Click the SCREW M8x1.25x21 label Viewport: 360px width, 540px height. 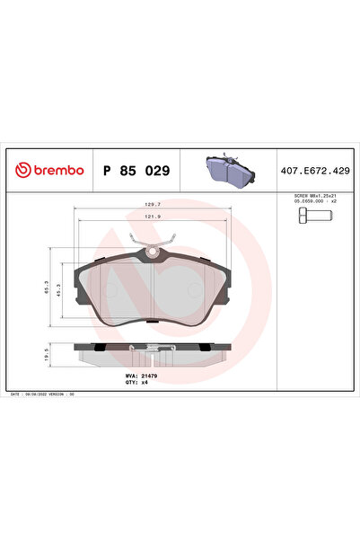click(315, 196)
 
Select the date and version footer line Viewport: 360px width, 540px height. click(47, 394)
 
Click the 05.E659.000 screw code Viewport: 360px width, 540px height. click(315, 202)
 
